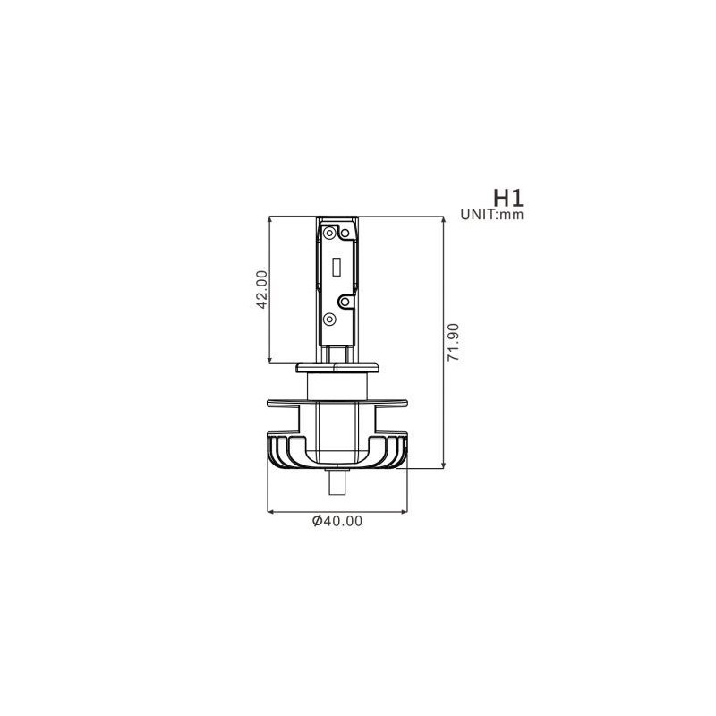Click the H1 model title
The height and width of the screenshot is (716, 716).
(x=508, y=198)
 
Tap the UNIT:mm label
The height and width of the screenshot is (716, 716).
(x=491, y=214)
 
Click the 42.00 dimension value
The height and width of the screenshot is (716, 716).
(x=261, y=289)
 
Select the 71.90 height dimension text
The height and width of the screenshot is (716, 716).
(x=453, y=343)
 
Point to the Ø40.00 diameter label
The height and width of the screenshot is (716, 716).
(x=337, y=521)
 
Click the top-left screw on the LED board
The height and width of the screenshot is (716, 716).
(x=329, y=233)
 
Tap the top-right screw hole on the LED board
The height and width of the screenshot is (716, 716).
(x=345, y=234)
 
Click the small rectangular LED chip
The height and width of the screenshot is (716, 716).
(x=337, y=267)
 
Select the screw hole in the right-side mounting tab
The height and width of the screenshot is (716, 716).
(x=345, y=302)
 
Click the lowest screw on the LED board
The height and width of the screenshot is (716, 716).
(x=329, y=320)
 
